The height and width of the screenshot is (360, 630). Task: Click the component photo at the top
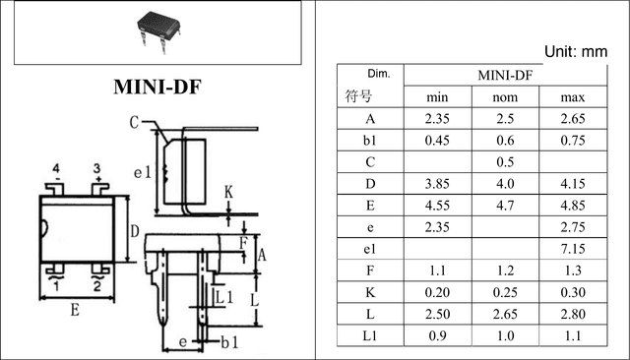[x=158, y=32]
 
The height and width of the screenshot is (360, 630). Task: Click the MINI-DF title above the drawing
[x=157, y=87]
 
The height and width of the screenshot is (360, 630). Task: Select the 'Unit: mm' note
[x=575, y=52]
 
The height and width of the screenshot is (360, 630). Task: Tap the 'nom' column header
[x=505, y=97]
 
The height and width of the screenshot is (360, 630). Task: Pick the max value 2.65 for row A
[x=573, y=119]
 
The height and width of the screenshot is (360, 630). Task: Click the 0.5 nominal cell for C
[x=505, y=162]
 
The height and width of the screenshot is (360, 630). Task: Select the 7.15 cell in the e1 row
[x=573, y=249]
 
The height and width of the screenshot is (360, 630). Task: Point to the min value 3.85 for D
[x=437, y=184]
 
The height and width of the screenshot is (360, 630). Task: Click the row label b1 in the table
[x=370, y=141]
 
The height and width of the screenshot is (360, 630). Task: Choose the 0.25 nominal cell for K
[x=505, y=292]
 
